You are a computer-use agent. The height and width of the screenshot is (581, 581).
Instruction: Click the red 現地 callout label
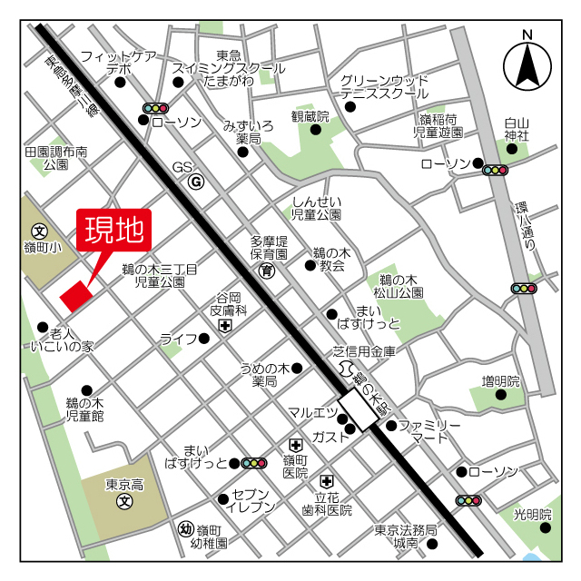tap(113, 232)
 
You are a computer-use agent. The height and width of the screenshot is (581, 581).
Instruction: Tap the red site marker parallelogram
tap(75, 294)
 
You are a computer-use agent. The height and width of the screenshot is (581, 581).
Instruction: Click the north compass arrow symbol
tap(527, 62)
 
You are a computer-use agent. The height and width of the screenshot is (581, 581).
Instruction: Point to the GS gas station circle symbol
tap(195, 182)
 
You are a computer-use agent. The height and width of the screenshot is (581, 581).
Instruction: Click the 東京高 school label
tap(124, 484)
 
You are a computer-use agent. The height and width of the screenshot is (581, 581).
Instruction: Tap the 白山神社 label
tap(517, 129)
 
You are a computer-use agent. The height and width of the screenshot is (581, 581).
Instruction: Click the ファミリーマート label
tap(430, 431)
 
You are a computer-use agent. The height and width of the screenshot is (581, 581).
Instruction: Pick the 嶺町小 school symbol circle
tap(39, 231)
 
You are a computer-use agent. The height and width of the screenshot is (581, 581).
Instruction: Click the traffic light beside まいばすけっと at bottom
tap(253, 463)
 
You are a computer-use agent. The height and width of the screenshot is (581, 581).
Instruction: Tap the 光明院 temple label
tap(532, 515)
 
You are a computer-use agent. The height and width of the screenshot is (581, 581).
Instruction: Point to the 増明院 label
tap(500, 381)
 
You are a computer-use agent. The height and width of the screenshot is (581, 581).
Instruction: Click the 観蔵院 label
tap(309, 116)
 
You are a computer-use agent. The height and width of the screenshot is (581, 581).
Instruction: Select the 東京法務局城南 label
tap(406, 537)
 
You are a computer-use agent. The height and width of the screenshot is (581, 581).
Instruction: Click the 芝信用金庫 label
tap(365, 350)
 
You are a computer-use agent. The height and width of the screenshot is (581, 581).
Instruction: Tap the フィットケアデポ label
tap(119, 62)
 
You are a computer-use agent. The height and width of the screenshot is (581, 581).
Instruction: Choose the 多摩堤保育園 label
tap(269, 248)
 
